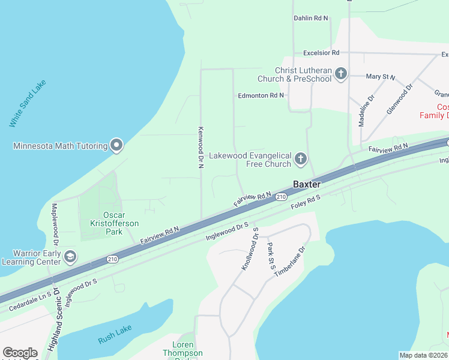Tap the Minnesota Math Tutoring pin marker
click(x=116, y=145)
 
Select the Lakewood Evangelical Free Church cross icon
click(x=301, y=160)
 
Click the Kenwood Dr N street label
click(x=201, y=148)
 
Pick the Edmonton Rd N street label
click(x=261, y=95)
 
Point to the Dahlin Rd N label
click(x=311, y=19)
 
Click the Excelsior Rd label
click(x=321, y=53)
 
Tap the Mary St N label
click(x=381, y=77)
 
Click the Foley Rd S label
click(x=307, y=203)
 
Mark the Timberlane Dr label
click(x=291, y=261)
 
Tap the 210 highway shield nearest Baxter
click(x=281, y=197)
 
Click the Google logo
click(x=20, y=352)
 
